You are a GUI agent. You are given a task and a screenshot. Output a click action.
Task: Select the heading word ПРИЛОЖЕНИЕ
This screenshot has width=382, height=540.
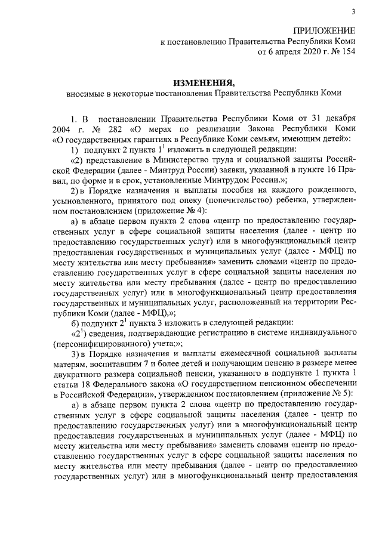(x=324, y=30)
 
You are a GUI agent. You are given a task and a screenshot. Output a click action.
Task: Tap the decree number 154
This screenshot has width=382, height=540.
(x=348, y=52)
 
